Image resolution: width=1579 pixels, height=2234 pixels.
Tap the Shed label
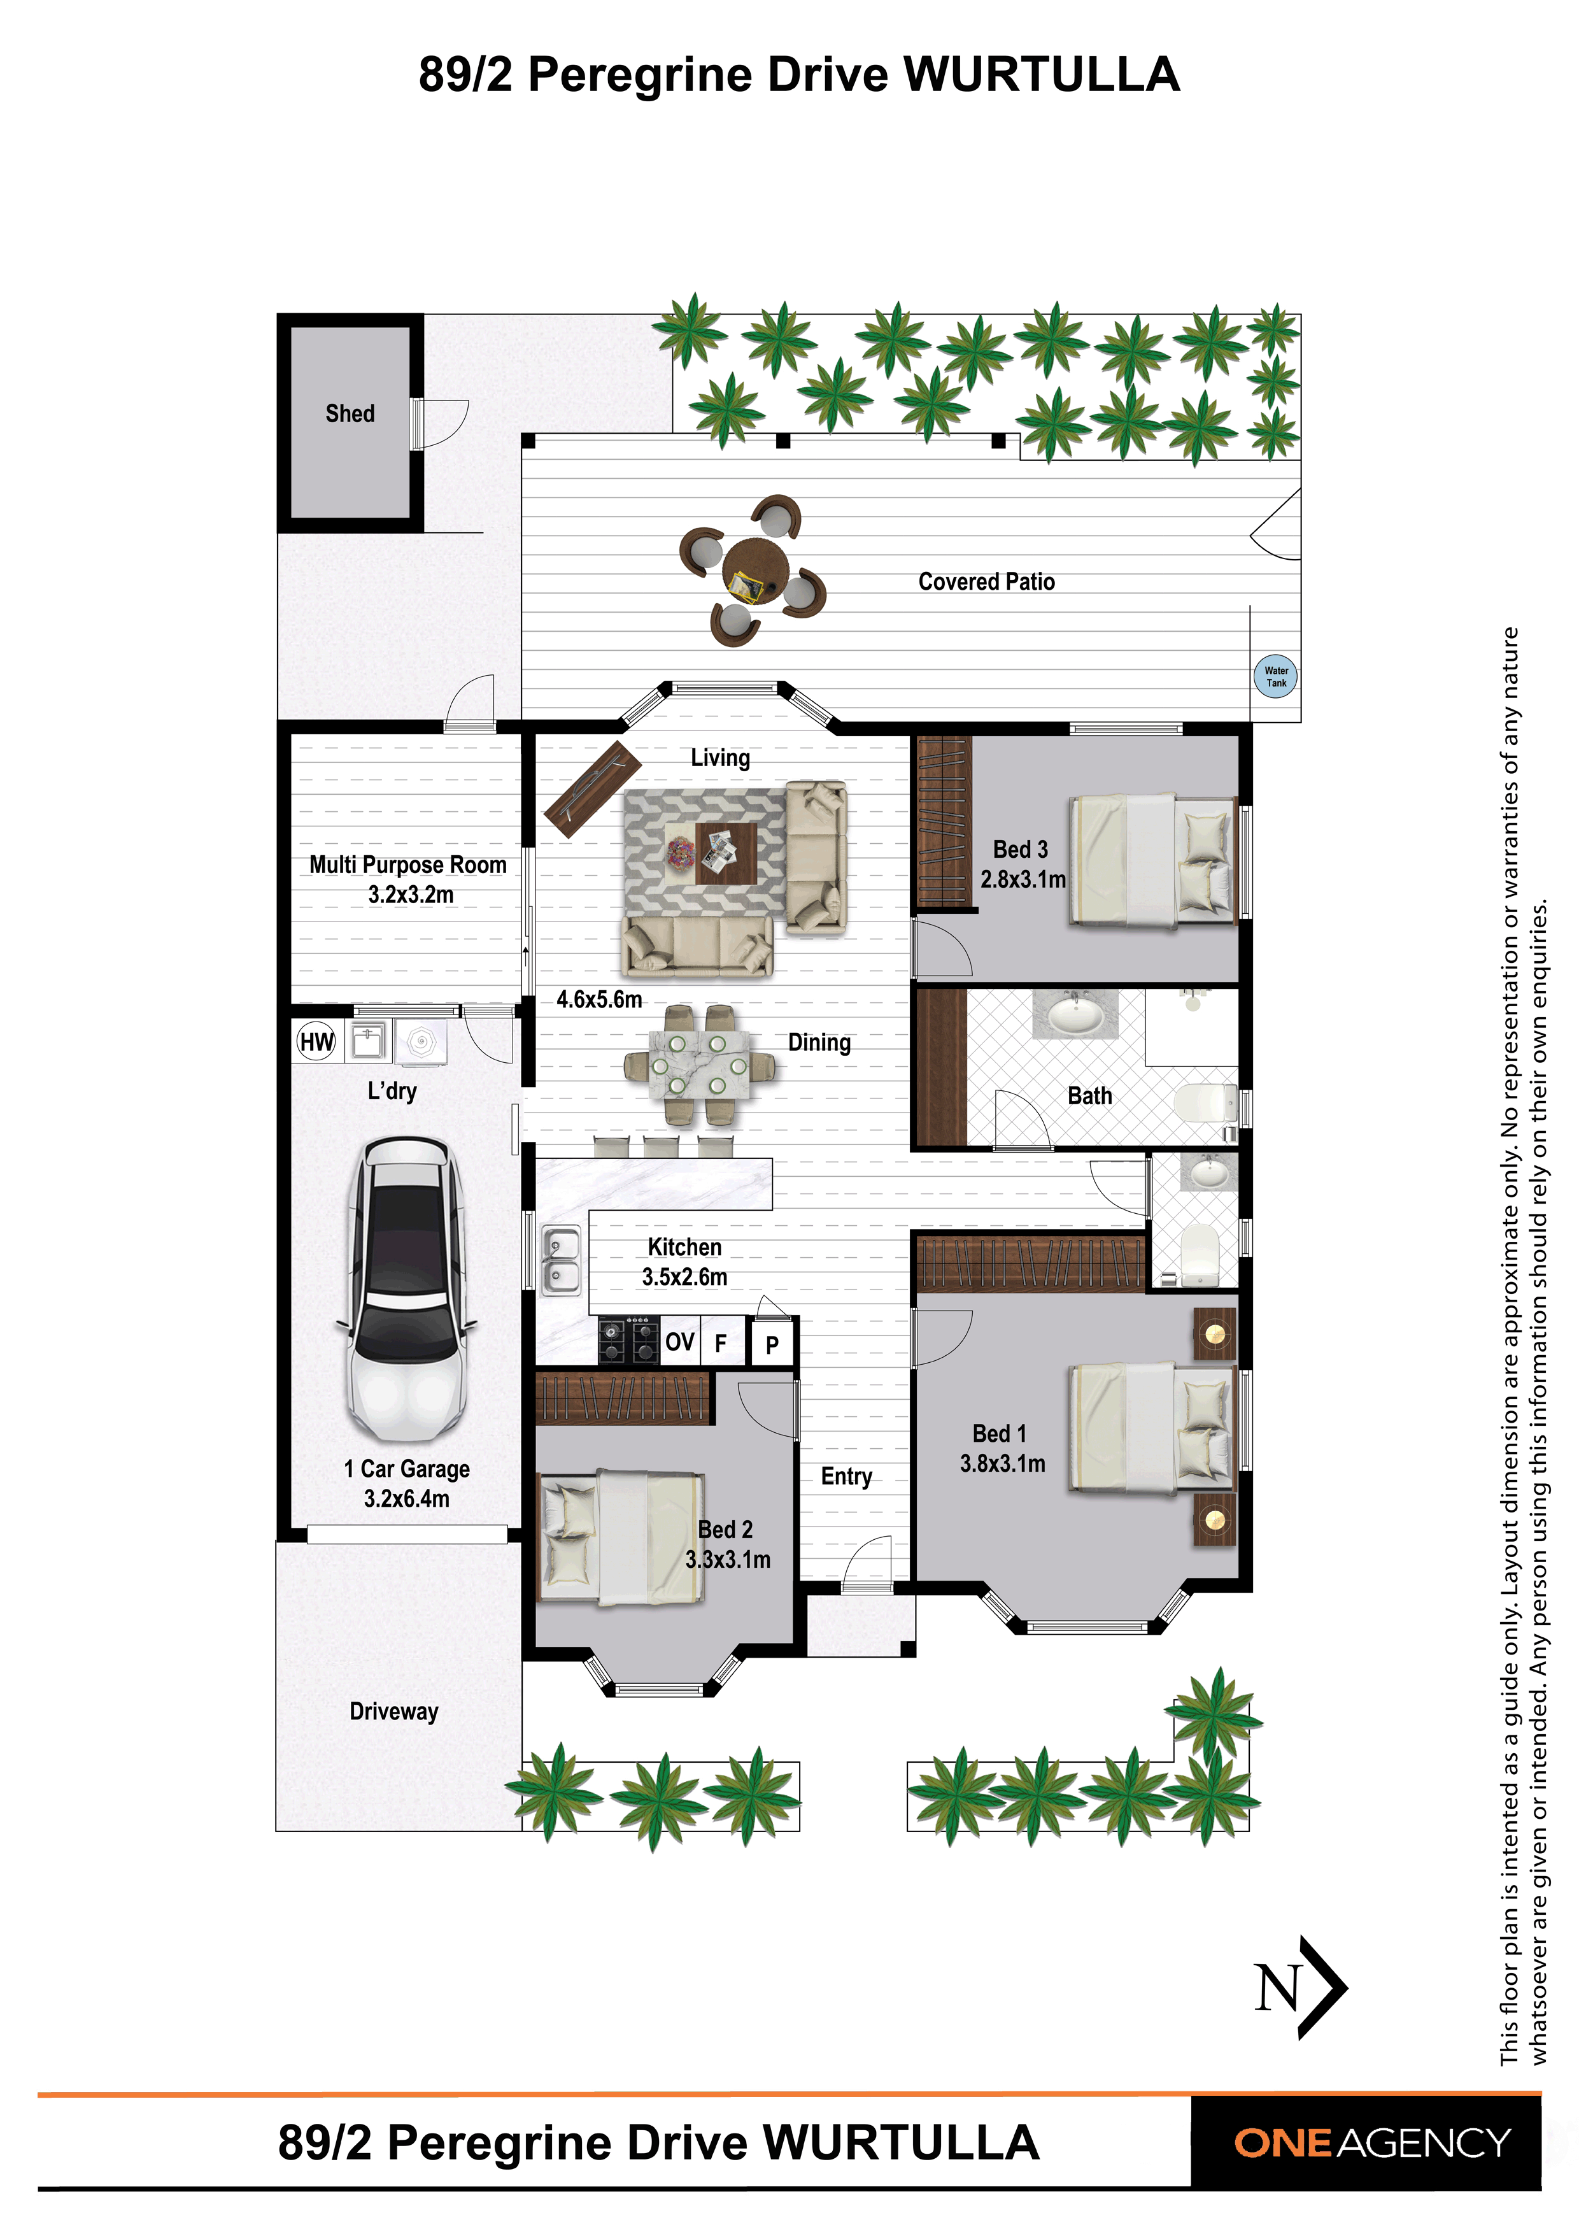350,413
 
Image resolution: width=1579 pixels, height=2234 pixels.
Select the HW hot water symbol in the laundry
316,1042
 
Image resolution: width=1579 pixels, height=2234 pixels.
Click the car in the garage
407,1288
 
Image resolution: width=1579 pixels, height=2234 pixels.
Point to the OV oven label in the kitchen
679,1342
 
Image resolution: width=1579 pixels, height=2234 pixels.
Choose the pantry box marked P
772,1345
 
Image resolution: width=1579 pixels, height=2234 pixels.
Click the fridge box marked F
721,1342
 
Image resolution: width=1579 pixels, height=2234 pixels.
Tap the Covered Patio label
986,582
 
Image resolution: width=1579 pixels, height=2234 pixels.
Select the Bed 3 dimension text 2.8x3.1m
1023,879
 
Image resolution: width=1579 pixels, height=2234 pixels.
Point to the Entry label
846,1477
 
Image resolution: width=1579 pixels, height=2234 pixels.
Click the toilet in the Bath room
1205,1104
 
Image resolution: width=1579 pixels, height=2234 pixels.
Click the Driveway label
394,1712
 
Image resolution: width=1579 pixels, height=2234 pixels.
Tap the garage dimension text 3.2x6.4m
407,1498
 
